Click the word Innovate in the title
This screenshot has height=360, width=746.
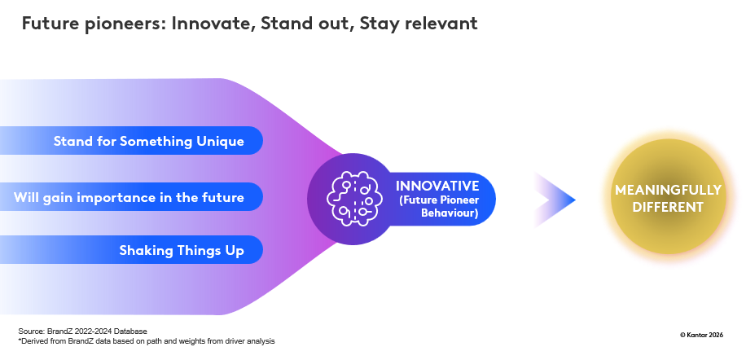(x=211, y=24)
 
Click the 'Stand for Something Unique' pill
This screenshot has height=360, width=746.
(x=131, y=141)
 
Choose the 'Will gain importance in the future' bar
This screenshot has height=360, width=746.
(x=131, y=197)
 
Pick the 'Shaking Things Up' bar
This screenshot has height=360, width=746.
(x=131, y=250)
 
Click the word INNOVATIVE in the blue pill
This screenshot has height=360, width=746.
(x=437, y=186)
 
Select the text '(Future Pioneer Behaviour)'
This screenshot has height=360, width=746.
(x=438, y=207)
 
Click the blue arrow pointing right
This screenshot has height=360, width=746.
(x=555, y=200)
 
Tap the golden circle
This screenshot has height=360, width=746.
(x=669, y=197)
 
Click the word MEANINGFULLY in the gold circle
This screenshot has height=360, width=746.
(x=668, y=191)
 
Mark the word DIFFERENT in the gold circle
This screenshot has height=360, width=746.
(x=668, y=208)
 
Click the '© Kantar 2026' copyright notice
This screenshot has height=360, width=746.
(x=701, y=335)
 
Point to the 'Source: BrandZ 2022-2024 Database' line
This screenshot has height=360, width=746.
(x=83, y=331)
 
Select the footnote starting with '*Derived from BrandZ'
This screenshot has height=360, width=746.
(x=147, y=341)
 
